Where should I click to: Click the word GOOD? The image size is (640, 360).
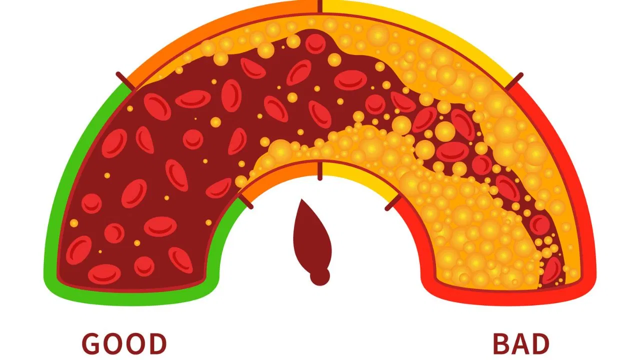[x=124, y=343]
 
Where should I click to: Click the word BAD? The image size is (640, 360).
[x=521, y=343]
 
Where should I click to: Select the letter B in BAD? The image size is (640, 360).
[x=501, y=343]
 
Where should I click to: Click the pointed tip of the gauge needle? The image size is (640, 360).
[x=301, y=199]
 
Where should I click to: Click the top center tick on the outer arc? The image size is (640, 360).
[x=320, y=6]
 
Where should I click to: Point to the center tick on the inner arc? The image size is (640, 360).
[x=320, y=171]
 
